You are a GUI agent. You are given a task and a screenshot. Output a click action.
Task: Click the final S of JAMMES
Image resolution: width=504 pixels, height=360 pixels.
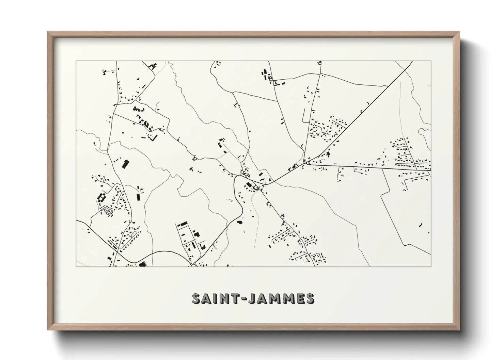[x=310, y=298]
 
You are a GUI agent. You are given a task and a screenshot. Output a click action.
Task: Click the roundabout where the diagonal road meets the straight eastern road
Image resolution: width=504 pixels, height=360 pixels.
[x=308, y=163]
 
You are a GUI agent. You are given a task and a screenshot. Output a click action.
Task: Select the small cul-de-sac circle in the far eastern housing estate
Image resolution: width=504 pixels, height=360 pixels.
[x=394, y=145]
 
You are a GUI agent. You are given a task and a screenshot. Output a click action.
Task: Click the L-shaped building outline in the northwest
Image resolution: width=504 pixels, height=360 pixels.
[x=154, y=137]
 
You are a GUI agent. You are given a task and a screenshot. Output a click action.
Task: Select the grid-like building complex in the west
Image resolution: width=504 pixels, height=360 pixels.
[x=101, y=198]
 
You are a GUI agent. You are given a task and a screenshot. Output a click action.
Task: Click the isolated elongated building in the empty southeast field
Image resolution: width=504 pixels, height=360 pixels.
[x=420, y=225]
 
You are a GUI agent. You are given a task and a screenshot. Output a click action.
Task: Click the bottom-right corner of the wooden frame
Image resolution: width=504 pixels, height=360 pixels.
[x=459, y=330]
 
